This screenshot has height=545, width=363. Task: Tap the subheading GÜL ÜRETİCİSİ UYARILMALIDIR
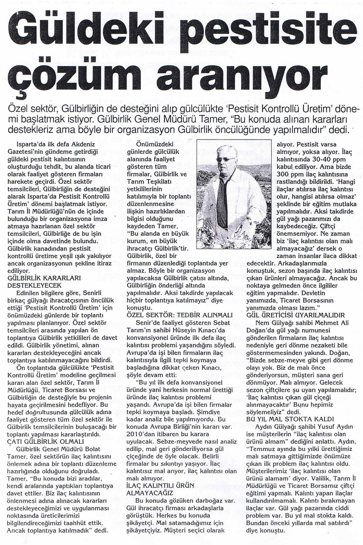point(296,315)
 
